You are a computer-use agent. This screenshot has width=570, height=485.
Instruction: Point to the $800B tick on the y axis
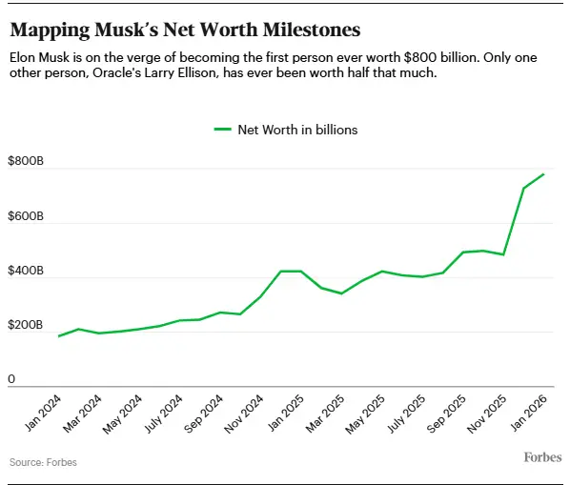click(26, 163)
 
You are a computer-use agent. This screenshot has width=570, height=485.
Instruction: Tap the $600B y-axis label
click(26, 217)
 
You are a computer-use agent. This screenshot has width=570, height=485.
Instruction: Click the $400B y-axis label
click(26, 272)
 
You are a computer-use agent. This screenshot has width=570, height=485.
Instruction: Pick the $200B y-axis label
click(26, 326)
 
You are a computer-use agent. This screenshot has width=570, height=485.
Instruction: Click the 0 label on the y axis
click(12, 380)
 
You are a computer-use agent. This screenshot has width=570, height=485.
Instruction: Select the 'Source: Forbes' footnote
click(43, 462)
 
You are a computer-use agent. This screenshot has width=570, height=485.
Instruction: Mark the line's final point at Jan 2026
click(544, 173)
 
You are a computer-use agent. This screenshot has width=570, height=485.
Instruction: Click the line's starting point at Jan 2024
click(59, 336)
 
